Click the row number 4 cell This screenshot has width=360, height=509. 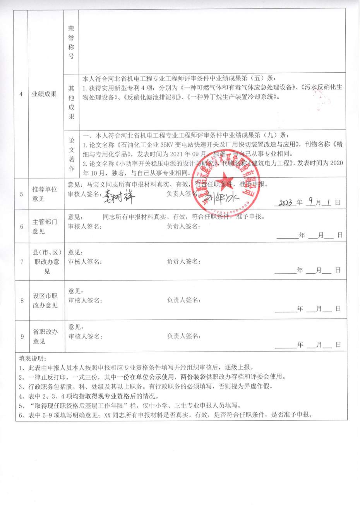coord(21,94)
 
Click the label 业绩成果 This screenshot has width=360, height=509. coord(44,94)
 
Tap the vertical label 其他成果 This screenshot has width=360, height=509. coord(71,102)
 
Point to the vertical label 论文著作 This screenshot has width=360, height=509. coord(71,154)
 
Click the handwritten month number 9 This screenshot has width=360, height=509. coord(310,202)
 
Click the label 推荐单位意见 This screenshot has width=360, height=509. coord(44,194)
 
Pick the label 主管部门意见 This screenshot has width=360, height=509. coord(44,226)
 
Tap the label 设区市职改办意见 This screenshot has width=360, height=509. coord(45,300)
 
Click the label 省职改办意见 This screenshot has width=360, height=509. coord(45,336)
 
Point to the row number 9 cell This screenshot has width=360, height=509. coord(22,336)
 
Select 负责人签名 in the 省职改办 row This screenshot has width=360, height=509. coord(183,336)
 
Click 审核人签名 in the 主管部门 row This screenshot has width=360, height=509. coord(85,226)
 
